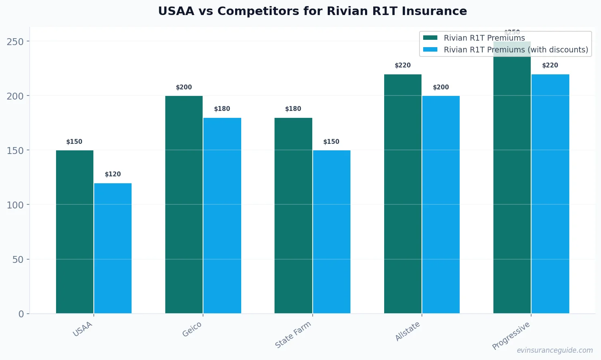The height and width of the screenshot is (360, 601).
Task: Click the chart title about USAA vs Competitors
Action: pyautogui.click(x=312, y=11)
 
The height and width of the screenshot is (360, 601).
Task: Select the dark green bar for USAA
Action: pyautogui.click(x=75, y=232)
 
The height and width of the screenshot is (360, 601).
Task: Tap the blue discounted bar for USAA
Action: pyautogui.click(x=113, y=248)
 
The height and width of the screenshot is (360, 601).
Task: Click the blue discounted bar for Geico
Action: pyautogui.click(x=222, y=215)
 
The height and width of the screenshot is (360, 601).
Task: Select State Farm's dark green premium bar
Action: pyautogui.click(x=293, y=215)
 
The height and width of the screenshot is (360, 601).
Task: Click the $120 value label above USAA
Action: pyautogui.click(x=113, y=174)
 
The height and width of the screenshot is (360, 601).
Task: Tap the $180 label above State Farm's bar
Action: pyautogui.click(x=293, y=109)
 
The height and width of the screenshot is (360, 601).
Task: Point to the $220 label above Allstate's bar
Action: pyautogui.click(x=403, y=65)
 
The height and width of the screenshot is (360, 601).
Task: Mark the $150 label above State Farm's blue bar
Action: pyautogui.click(x=331, y=142)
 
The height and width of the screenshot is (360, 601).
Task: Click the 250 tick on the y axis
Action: pyautogui.click(x=15, y=41)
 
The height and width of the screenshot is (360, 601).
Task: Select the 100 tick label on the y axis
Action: pyautogui.click(x=15, y=205)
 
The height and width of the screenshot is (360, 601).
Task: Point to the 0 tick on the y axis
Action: pyautogui.click(x=21, y=314)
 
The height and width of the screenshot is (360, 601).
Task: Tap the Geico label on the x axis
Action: pyautogui.click(x=192, y=330)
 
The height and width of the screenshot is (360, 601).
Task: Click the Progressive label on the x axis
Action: pyautogui.click(x=511, y=336)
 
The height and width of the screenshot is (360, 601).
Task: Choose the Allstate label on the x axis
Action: pyautogui.click(x=408, y=332)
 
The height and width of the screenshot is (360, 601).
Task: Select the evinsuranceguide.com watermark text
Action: pyautogui.click(x=555, y=350)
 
